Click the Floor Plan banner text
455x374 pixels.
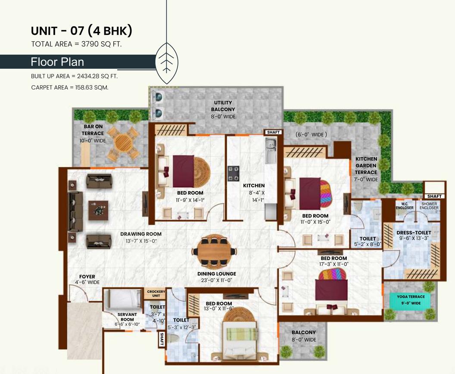(57, 62)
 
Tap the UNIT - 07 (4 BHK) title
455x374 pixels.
(81, 31)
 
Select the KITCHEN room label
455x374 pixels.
(254, 185)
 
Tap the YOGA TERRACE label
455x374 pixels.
(411, 297)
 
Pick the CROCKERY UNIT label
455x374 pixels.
(156, 294)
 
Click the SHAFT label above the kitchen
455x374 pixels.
(273, 132)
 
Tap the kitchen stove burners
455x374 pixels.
(234, 173)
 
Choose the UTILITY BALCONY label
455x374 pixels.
(223, 106)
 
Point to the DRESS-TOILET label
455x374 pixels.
(414, 233)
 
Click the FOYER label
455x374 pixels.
(87, 277)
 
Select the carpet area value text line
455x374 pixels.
(69, 87)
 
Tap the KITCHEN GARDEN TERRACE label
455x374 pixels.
(366, 166)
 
